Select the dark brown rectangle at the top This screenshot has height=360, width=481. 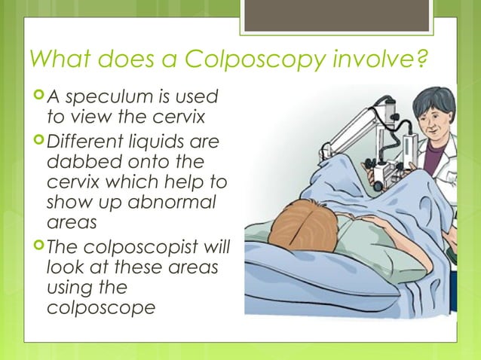(337, 14)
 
